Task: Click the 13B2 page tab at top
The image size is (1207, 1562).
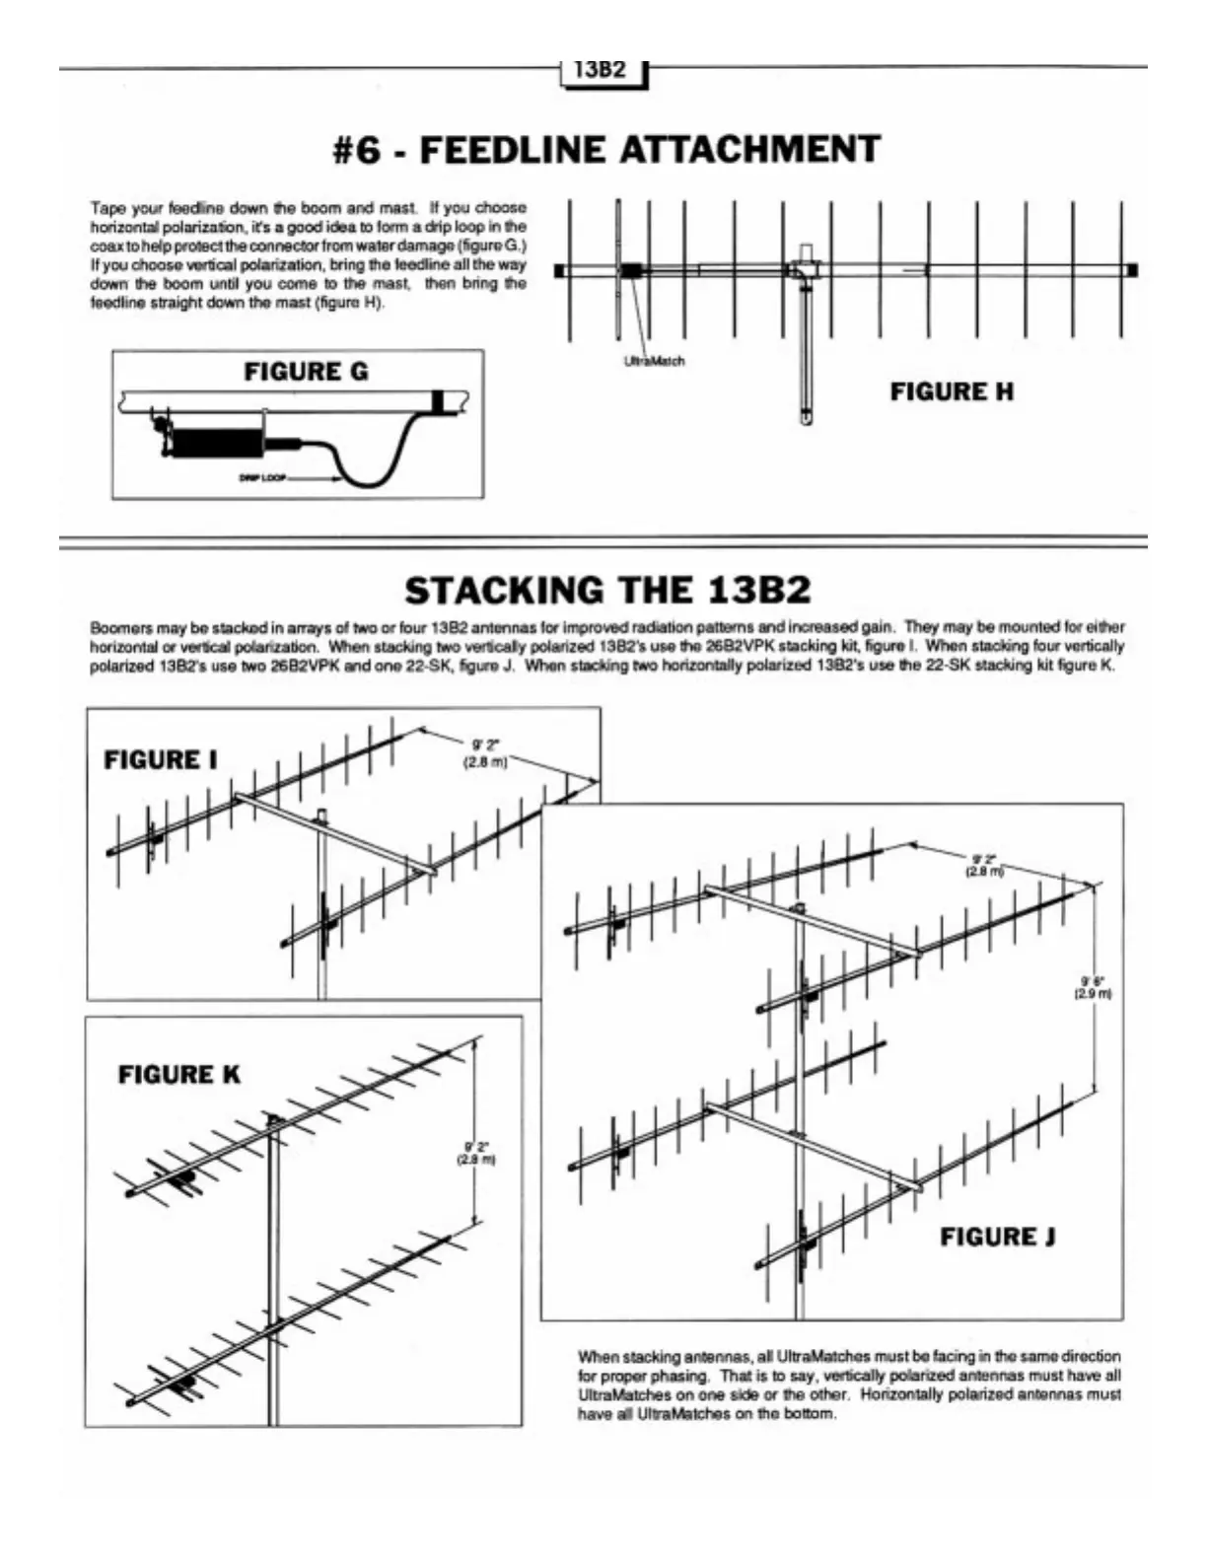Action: click(601, 70)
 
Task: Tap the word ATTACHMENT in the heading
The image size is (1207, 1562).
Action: click(749, 150)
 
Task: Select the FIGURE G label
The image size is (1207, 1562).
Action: click(306, 372)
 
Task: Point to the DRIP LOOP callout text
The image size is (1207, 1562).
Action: click(259, 479)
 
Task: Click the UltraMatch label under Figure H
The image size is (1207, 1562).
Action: click(654, 361)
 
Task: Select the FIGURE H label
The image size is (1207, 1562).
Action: click(952, 392)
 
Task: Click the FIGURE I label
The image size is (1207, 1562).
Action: click(161, 760)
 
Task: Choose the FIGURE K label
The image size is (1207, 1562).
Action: click(178, 1075)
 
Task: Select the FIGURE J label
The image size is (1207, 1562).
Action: click(998, 1237)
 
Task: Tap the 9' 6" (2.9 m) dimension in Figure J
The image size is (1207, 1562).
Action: click(1093, 987)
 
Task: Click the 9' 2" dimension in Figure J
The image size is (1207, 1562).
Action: click(984, 865)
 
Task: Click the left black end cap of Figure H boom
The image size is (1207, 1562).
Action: click(559, 270)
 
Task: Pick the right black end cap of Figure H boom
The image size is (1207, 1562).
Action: click(1132, 270)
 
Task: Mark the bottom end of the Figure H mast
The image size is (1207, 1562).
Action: click(806, 418)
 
